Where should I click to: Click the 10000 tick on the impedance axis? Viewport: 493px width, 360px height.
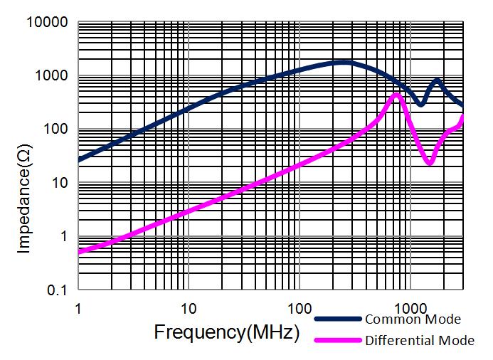click(48, 23)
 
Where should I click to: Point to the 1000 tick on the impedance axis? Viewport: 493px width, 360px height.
click(52, 76)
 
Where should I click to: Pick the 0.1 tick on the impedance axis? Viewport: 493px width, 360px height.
click(58, 290)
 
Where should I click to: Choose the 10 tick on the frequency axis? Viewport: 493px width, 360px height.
click(189, 309)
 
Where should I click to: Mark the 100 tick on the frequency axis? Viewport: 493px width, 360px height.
click(299, 309)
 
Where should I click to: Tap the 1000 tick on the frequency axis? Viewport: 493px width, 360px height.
click(409, 309)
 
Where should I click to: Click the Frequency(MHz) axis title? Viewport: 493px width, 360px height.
click(226, 332)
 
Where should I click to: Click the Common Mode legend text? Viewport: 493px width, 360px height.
click(413, 319)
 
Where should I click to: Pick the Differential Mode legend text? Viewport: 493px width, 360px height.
click(420, 340)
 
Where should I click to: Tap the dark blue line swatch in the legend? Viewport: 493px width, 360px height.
click(338, 319)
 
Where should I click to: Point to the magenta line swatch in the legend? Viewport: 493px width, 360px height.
click(338, 340)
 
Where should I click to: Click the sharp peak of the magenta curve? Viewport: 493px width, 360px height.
click(398, 94)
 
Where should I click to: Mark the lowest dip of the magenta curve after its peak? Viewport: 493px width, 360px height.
click(429, 163)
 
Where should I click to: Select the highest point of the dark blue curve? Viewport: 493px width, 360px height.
click(343, 63)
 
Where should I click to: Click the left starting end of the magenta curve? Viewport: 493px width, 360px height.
click(79, 251)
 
